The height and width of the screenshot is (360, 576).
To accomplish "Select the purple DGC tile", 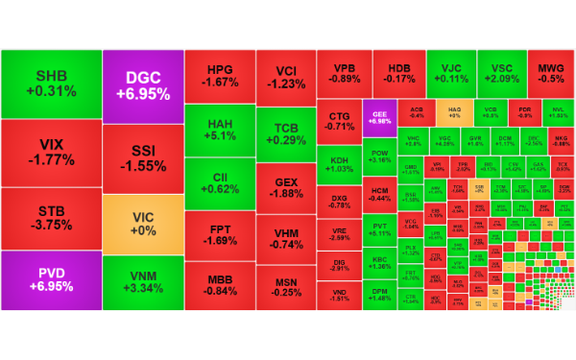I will click(143, 84).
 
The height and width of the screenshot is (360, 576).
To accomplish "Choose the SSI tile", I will click(143, 157).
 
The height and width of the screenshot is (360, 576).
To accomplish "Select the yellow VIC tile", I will click(143, 223).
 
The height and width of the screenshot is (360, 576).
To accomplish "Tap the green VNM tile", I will click(143, 282).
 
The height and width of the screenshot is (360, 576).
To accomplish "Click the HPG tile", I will click(220, 76).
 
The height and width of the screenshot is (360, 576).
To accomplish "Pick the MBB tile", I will click(220, 285).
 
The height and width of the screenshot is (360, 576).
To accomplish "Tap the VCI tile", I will click(286, 77).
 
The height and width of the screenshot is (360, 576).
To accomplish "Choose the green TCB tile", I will click(286, 135).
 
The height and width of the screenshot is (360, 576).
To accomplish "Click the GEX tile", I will click(286, 187).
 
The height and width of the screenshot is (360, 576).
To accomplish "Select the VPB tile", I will click(345, 72).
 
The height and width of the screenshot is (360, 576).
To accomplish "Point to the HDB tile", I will click(400, 72).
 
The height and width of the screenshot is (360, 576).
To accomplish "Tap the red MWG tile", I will click(550, 72).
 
